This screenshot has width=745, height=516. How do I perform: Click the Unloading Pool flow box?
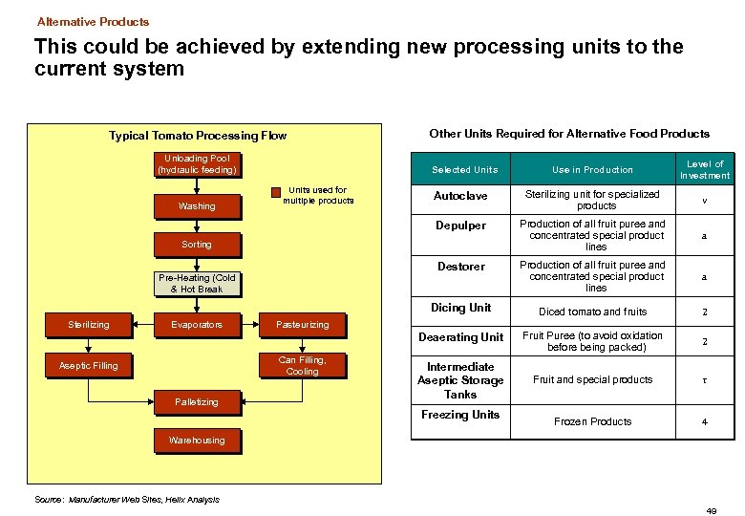[197, 164]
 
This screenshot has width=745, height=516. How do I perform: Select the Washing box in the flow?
[197, 205]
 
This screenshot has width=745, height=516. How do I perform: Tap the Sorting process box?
[197, 245]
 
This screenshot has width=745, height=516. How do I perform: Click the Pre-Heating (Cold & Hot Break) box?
[197, 284]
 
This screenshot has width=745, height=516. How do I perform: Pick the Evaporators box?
[197, 325]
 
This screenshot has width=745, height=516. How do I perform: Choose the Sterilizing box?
[89, 325]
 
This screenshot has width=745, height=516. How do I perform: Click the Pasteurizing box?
[302, 325]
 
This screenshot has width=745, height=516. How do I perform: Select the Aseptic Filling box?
[89, 366]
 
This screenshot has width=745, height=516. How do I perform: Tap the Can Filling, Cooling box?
[302, 366]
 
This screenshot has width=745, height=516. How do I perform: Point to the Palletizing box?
[197, 402]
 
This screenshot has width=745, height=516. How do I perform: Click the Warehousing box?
[197, 441]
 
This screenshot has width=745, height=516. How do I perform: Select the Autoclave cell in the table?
[460, 196]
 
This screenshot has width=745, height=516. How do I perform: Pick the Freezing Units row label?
[460, 415]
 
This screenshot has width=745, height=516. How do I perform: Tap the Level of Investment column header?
[704, 169]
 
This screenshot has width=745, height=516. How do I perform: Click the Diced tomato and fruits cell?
[592, 312]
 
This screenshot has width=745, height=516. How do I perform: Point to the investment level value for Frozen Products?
[704, 421]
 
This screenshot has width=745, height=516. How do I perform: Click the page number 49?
[712, 511]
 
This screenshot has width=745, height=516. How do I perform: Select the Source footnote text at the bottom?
[127, 499]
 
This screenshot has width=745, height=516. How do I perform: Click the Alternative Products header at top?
[94, 21]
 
